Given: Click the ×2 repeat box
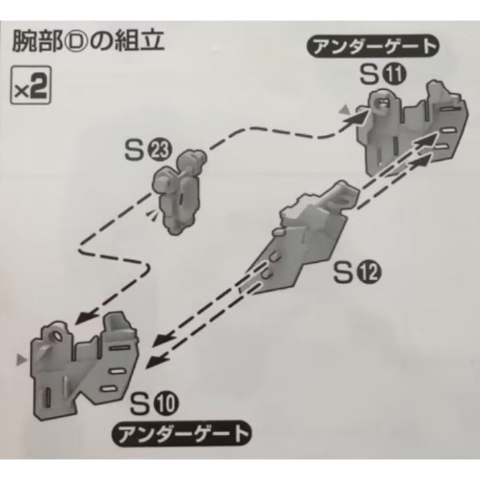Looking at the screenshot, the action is click(31, 86).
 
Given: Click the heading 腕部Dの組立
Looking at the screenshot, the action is click(88, 41).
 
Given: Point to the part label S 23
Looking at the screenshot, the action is click(149, 150).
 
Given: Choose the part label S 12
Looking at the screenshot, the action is click(357, 273).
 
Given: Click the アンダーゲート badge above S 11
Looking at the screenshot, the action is click(373, 47).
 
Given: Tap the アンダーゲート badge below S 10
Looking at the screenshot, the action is click(182, 433).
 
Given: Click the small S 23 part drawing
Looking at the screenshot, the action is click(179, 190).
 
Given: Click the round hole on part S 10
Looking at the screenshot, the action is click(58, 337).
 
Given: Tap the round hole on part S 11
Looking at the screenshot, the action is click(380, 101).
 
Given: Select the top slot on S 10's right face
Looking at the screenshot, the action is click(119, 348).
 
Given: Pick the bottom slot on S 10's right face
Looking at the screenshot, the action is click(110, 390).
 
